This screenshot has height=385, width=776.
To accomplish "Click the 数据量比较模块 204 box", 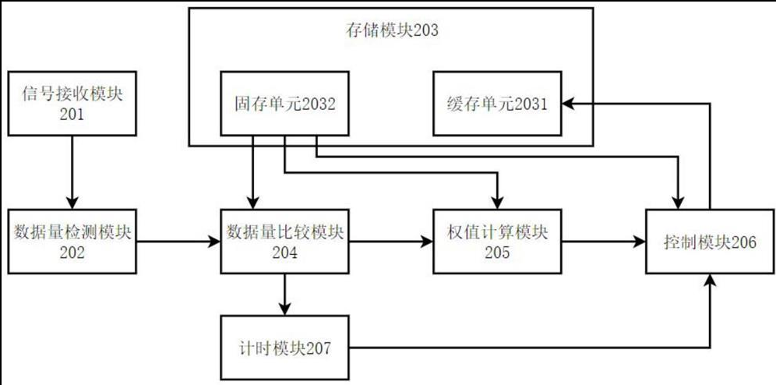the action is [x=285, y=241].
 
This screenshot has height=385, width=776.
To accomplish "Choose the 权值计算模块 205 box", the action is [x=497, y=241].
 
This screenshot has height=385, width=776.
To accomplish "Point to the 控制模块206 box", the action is [x=710, y=241].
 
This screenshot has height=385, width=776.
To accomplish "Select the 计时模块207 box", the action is [x=285, y=348].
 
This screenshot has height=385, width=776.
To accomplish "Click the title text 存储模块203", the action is [x=392, y=31].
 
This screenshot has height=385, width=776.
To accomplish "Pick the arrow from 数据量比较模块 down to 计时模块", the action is [x=285, y=294].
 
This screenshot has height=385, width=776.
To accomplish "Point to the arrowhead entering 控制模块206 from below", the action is [x=710, y=282].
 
